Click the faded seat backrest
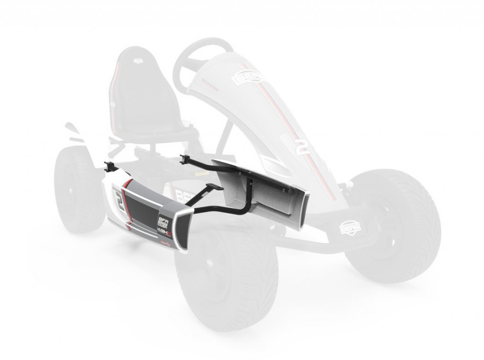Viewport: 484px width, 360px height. pos(137,85)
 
